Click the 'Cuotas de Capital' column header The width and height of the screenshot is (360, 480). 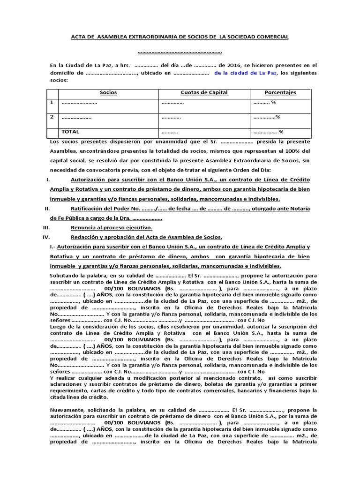204,93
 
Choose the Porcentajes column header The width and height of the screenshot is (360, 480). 280,93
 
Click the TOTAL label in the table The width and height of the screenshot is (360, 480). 70,132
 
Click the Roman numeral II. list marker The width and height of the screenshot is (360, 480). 46,208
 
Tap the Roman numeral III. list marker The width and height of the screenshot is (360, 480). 46,227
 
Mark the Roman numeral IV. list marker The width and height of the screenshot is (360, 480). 46,237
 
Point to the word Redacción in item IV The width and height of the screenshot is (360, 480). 84,237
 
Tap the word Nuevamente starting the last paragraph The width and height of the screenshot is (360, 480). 67,409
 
